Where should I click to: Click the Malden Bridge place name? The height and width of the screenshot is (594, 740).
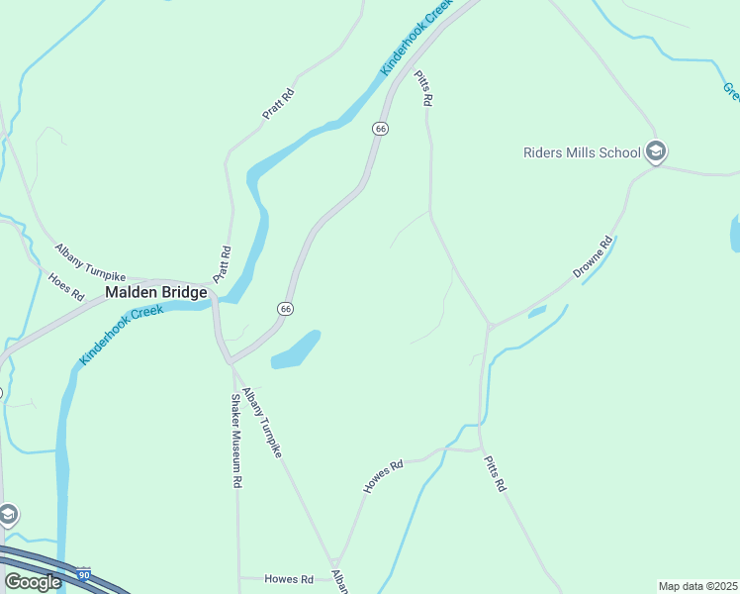tap(156, 293)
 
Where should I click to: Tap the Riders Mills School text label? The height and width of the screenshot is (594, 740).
tap(582, 152)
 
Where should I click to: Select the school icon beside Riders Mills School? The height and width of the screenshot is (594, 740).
tap(655, 152)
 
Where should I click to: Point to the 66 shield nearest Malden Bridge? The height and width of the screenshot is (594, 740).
tap(285, 309)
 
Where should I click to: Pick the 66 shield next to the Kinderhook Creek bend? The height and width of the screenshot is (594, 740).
tap(380, 130)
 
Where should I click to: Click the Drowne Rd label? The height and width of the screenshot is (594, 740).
tap(593, 256)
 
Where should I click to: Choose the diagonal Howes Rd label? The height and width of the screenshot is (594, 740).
tap(384, 476)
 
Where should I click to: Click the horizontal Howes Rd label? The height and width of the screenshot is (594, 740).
tap(289, 579)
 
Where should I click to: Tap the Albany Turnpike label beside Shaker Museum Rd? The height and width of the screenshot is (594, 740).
tap(263, 423)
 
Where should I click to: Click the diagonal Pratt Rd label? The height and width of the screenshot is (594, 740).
tap(278, 104)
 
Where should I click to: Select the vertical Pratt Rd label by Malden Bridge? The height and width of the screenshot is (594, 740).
tap(226, 264)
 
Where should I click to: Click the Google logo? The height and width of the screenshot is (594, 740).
tap(33, 582)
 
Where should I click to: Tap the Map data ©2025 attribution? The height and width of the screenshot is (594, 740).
tap(697, 586)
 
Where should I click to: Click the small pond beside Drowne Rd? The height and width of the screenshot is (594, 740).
tap(537, 313)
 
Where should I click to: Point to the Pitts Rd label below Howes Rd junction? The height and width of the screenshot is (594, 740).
tap(495, 474)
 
